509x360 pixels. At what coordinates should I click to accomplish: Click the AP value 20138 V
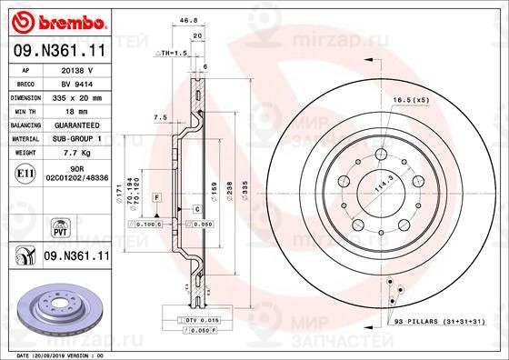(77, 69)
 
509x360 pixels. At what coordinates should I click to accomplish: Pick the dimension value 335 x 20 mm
(78, 95)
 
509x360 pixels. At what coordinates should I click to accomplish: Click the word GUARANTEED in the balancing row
(78, 124)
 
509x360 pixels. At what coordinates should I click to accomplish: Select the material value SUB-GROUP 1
(78, 138)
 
